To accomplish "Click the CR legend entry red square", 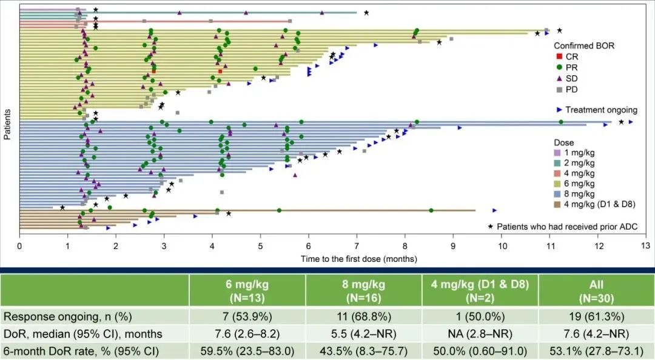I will [559, 56].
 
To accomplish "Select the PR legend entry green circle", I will [559, 67].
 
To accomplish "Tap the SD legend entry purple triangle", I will [559, 78].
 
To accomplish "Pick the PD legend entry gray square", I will [559, 90].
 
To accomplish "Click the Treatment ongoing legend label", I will [601, 110].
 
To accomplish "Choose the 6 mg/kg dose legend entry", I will [559, 183].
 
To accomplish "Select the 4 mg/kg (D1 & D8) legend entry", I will [559, 205].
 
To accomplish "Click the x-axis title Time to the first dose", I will [358, 259].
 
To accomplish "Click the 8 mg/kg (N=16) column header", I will [363, 290].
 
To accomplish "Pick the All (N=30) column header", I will [596, 290].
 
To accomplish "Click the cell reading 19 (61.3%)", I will [596, 316].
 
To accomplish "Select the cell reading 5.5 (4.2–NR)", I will [363, 333].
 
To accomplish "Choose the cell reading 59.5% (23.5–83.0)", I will [247, 350].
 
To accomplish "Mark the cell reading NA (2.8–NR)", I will [480, 333].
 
